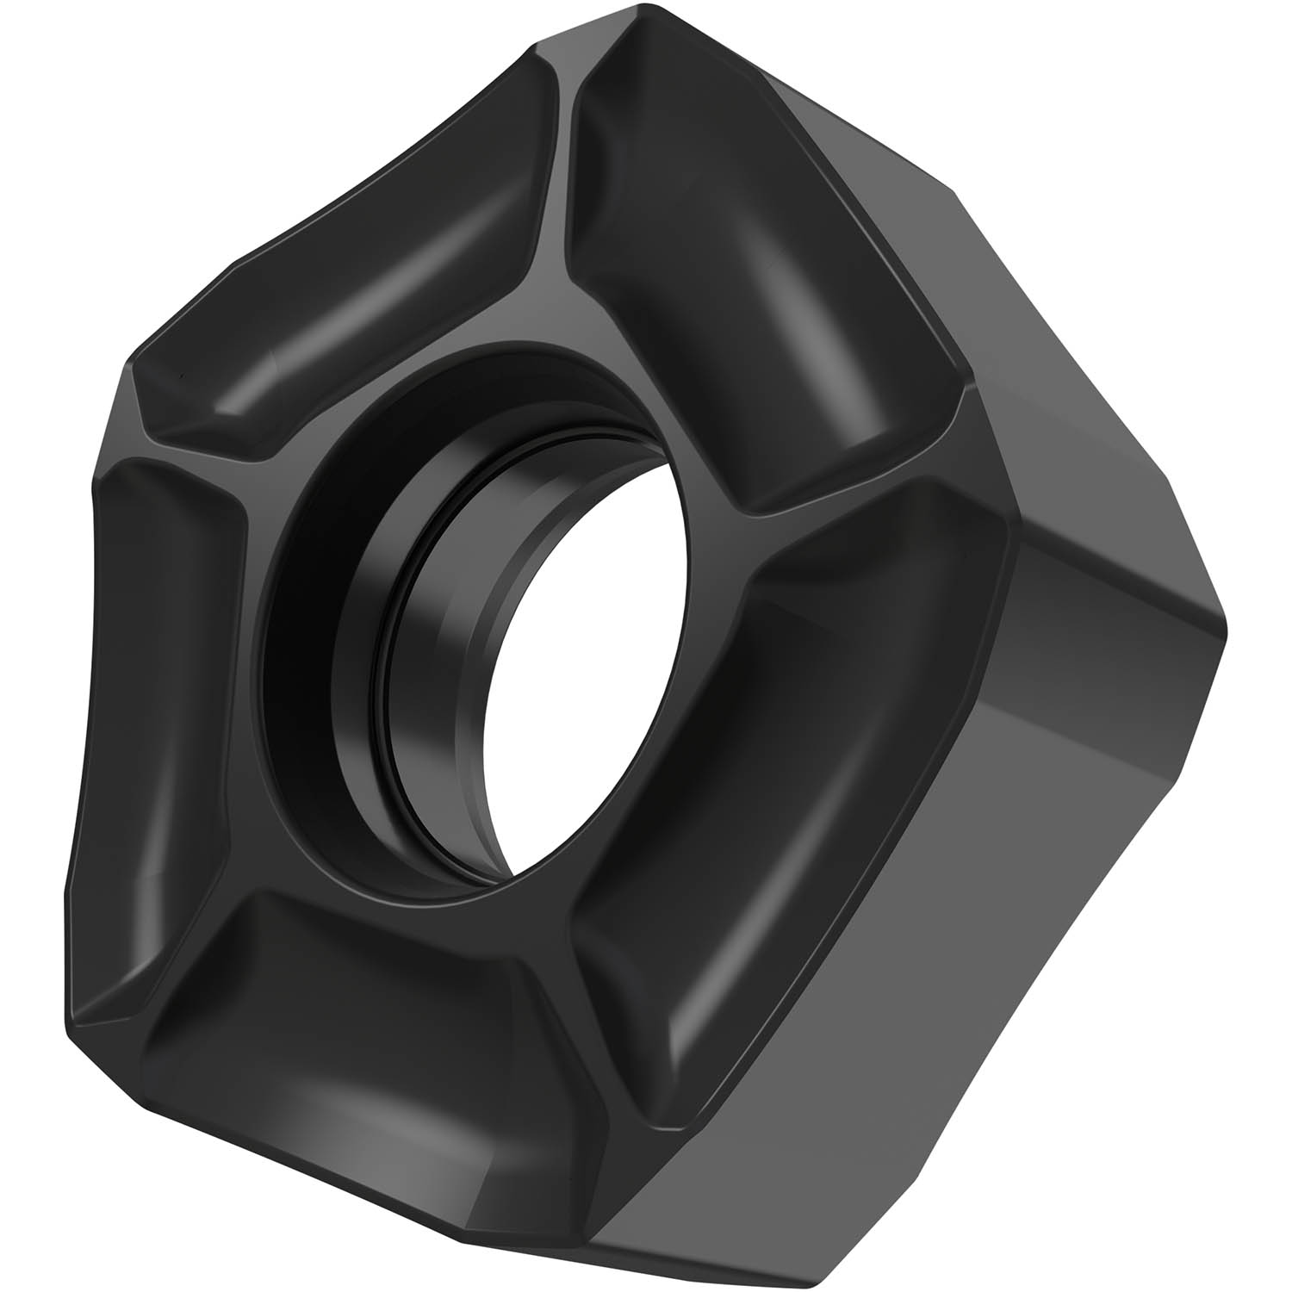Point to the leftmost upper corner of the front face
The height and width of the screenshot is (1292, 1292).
pyautogui.click(x=129, y=362)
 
